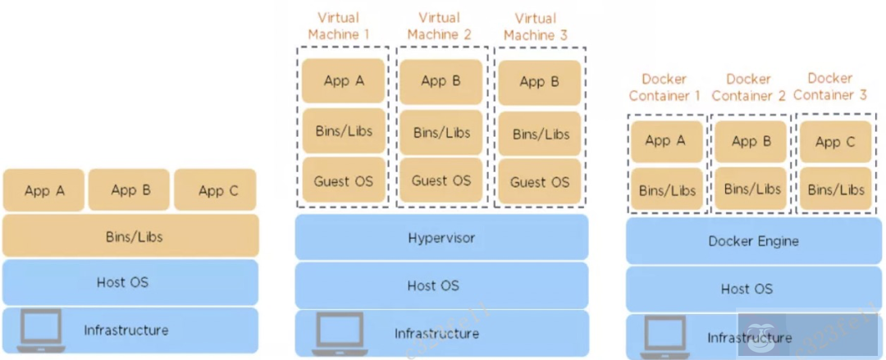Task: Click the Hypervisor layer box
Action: (x=441, y=239)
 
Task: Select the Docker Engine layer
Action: (x=753, y=241)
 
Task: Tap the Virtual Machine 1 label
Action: (x=339, y=26)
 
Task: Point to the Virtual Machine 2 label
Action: (x=439, y=26)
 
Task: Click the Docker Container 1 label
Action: (x=664, y=87)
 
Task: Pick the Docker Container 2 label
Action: (x=748, y=87)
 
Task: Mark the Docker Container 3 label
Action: (x=829, y=86)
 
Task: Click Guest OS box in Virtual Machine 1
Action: (x=343, y=180)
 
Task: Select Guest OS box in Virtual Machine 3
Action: (x=539, y=181)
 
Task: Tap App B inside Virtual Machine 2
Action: (x=441, y=80)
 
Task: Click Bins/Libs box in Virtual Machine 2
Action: (x=441, y=132)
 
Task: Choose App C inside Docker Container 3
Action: (x=835, y=142)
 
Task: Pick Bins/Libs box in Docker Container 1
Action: (x=667, y=190)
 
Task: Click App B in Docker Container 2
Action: (x=751, y=141)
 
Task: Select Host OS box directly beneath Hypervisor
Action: (x=441, y=285)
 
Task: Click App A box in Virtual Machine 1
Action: (x=343, y=80)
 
